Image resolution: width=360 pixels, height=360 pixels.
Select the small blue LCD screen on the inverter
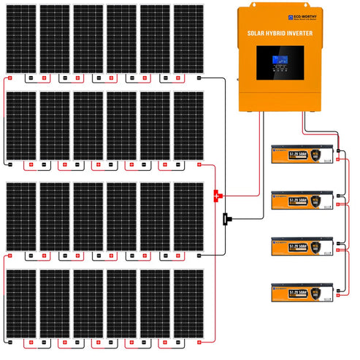click(279, 64)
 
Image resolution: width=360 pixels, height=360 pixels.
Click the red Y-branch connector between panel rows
click(217, 195)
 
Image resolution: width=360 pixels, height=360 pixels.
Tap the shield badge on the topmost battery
click(315, 156)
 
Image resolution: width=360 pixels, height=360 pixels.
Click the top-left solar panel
click(20, 39)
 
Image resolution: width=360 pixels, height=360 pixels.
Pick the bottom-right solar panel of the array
click(189, 305)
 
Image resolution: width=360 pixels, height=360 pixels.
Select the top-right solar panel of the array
click(189, 39)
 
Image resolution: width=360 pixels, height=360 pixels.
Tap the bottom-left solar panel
click(20, 305)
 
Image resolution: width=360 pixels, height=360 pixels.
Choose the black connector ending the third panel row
click(199, 255)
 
